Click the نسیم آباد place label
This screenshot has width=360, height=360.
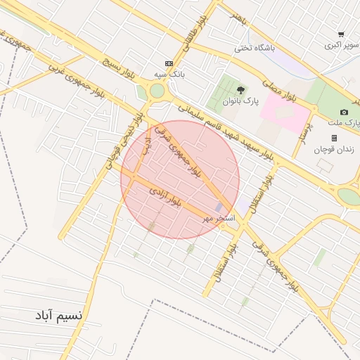(58, 316)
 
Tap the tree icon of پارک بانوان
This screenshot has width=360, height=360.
(241, 90)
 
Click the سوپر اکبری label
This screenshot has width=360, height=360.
(342, 45)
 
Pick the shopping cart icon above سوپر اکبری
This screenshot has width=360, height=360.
(341, 34)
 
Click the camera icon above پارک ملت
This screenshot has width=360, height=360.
(344, 112)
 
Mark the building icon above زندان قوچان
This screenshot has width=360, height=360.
(334, 138)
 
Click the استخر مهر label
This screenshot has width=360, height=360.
(218, 219)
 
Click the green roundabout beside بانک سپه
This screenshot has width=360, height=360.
(157, 91)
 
